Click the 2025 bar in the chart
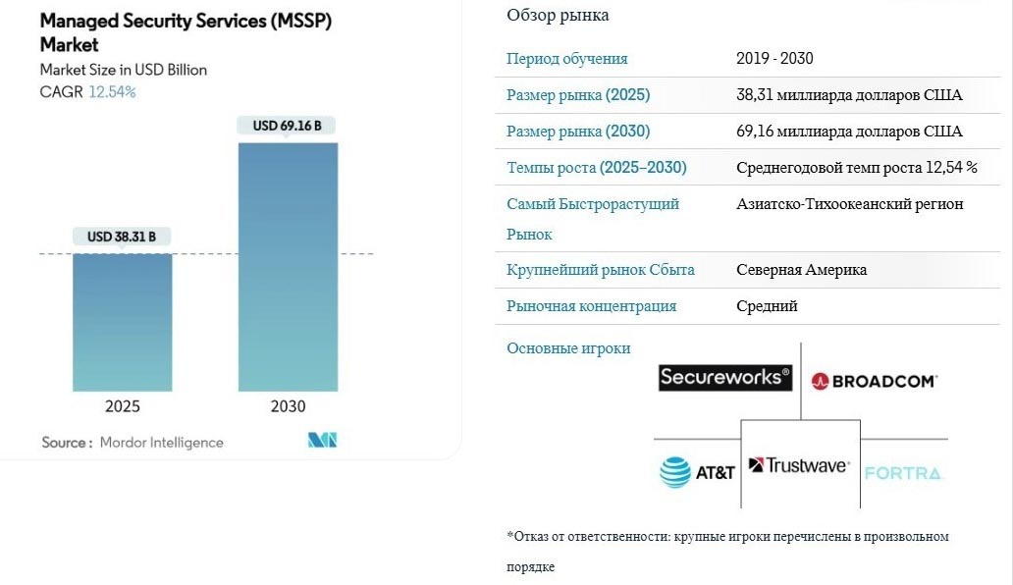(x=123, y=322)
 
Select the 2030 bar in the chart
(x=288, y=267)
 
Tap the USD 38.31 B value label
(x=122, y=237)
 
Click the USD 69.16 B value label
(x=288, y=126)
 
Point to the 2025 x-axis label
(x=123, y=406)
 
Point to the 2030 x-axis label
(x=288, y=406)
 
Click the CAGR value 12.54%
(x=112, y=91)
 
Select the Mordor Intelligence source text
(x=161, y=443)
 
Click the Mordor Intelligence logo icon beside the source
(x=322, y=441)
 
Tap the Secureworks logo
(x=725, y=377)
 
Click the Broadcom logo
(x=875, y=381)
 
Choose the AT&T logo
(x=698, y=472)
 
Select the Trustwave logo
(x=799, y=465)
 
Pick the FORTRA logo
(x=903, y=473)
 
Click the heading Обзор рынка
(x=558, y=15)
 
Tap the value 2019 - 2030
(x=774, y=59)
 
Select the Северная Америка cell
(x=801, y=270)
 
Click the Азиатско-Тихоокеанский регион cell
(x=850, y=204)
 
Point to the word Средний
(x=767, y=306)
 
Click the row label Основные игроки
(x=568, y=348)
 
